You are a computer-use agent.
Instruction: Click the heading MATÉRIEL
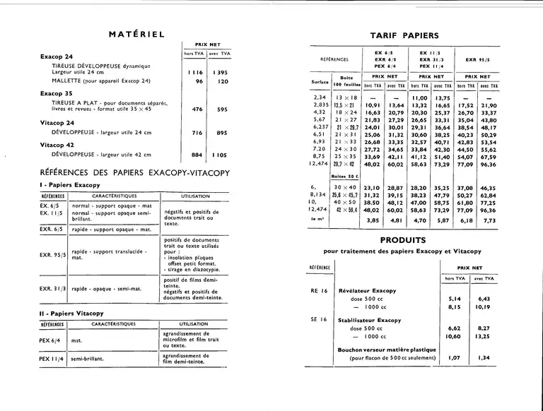tap(137, 33)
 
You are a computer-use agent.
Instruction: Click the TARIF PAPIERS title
tap(404, 35)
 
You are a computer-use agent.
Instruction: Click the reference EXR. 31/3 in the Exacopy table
tap(54, 288)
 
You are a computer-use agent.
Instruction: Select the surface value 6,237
tap(319, 126)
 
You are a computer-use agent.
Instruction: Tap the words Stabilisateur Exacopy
tap(366, 318)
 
